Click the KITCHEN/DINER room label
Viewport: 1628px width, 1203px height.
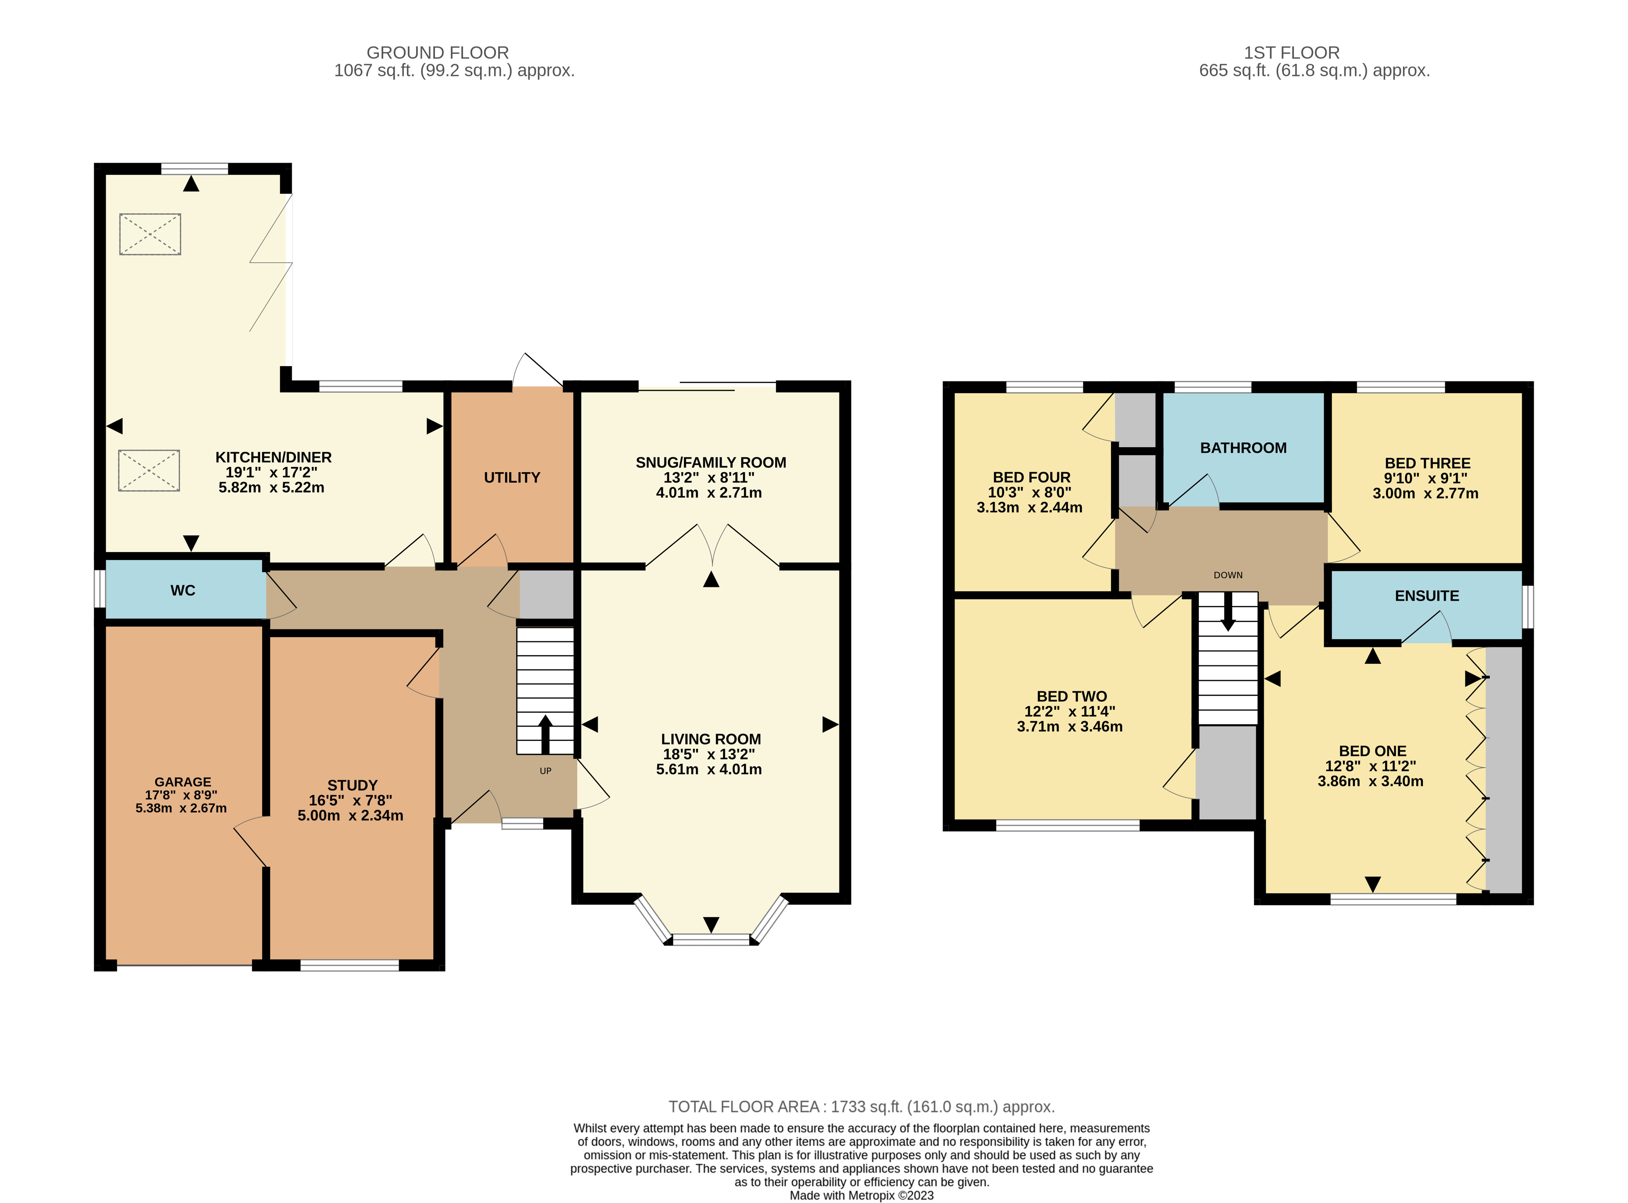point(273,457)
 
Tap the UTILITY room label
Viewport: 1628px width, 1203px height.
point(512,478)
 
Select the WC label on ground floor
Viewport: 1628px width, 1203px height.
point(183,591)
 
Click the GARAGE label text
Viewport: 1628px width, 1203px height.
point(183,781)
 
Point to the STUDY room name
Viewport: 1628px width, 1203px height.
point(353,785)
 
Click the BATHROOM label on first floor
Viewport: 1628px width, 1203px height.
point(1243,448)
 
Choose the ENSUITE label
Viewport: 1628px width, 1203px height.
point(1426,596)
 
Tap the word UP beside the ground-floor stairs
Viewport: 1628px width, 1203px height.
point(545,770)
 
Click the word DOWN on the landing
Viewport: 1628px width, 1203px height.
point(1228,575)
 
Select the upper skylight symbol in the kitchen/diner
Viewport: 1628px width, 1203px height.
point(150,234)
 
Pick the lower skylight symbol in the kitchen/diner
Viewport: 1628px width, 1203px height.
point(149,470)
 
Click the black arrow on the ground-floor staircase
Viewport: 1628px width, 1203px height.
point(545,732)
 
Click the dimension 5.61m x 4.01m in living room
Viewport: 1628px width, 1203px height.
point(709,769)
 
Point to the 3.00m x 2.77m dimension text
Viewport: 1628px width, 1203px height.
point(1425,493)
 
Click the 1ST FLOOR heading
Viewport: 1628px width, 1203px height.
point(1291,53)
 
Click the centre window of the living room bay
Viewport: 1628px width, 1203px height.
point(711,940)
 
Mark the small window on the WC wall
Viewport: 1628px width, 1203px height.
point(100,588)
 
